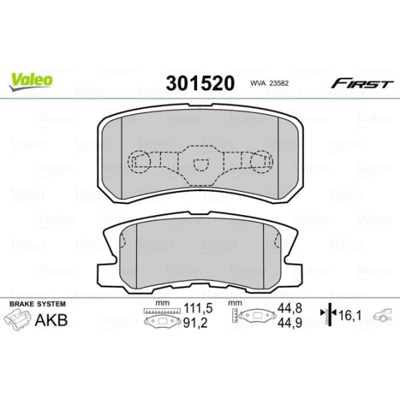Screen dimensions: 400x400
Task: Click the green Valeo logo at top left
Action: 31,77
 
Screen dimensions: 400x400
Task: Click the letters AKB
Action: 53,320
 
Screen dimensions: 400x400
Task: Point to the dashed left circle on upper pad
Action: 139,160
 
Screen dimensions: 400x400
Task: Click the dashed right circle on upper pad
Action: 260,160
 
